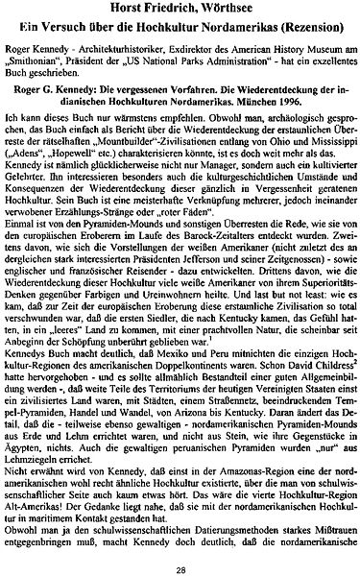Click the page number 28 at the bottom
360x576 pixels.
coord(180,567)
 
